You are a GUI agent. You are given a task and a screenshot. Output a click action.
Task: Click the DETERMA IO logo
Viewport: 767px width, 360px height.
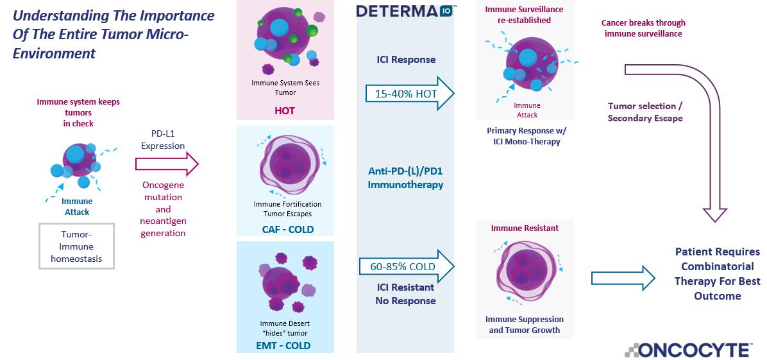click(405, 11)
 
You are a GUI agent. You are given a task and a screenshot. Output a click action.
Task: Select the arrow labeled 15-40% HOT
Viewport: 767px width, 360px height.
click(409, 94)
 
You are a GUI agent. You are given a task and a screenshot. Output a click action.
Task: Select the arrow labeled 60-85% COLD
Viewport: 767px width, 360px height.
click(409, 266)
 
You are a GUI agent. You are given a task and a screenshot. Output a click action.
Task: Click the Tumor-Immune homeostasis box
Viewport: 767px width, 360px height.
click(77, 246)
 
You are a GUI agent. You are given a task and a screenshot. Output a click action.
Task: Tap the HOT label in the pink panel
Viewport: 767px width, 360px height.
click(285, 110)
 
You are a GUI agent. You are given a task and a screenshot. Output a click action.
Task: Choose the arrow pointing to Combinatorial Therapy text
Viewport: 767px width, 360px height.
click(623, 278)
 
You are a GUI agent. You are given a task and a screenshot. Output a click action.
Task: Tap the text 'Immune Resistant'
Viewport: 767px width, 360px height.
click(525, 228)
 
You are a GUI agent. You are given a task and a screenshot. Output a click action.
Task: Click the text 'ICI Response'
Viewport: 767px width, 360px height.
click(405, 60)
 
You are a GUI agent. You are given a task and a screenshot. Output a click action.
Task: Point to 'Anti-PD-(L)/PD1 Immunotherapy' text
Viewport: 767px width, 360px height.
click(405, 178)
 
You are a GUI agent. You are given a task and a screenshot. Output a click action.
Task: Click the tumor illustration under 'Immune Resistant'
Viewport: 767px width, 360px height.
click(525, 273)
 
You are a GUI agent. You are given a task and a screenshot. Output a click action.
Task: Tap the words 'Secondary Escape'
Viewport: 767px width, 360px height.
click(645, 118)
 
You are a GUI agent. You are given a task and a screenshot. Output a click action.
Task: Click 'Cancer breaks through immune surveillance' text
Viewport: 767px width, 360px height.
click(643, 28)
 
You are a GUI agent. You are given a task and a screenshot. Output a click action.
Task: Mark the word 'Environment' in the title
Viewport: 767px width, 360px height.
click(54, 54)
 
